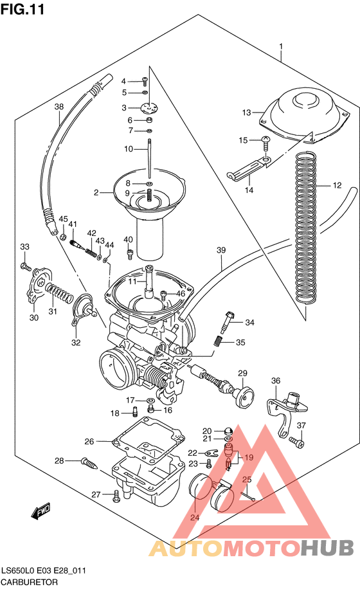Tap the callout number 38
click(x=59, y=107)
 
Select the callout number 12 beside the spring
click(x=337, y=186)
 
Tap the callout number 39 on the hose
click(x=221, y=250)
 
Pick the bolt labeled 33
click(x=25, y=265)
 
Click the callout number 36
click(x=275, y=381)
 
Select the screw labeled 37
click(x=296, y=442)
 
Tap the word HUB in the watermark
click(x=327, y=548)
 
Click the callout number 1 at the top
click(x=281, y=46)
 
